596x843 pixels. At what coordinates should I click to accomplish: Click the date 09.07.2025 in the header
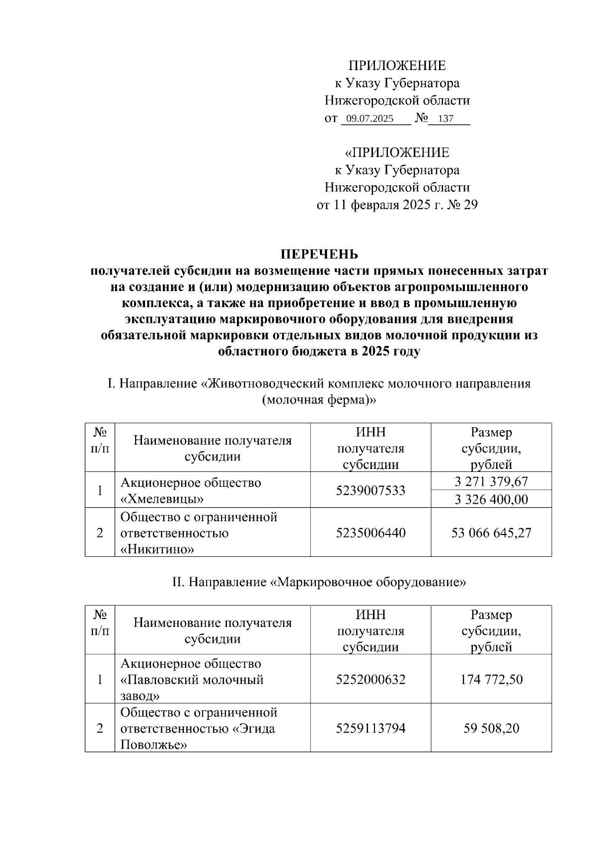(370, 119)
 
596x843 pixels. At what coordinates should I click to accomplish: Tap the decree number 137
(446, 119)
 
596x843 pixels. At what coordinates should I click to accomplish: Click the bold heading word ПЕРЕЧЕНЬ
(319, 254)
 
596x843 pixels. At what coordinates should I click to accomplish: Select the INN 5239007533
(371, 490)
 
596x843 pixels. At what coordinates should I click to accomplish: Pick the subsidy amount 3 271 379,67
(491, 481)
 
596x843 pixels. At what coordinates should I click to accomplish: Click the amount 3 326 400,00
(491, 499)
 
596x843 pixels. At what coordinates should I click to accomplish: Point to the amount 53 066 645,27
(491, 533)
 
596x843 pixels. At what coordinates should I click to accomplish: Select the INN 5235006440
(371, 533)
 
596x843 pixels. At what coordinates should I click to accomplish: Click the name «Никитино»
(157, 549)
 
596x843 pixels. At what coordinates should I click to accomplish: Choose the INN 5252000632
(371, 679)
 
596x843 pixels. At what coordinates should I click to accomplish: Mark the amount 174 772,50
(491, 679)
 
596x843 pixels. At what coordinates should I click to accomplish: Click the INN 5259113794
(371, 728)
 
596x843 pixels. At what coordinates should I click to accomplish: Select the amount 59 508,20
(491, 728)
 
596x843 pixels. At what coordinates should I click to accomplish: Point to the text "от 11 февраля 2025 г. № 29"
(397, 205)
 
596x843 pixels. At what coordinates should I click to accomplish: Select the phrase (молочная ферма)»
(319, 400)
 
